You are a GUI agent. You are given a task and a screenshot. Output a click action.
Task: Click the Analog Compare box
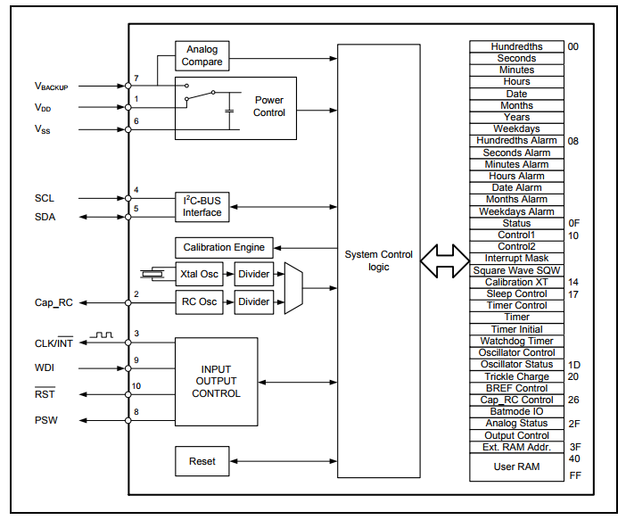click(202, 56)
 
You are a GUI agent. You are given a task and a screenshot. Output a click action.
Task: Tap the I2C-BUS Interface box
click(202, 207)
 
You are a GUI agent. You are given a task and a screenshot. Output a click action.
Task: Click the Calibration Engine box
click(224, 247)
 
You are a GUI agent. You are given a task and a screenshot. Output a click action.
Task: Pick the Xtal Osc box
click(199, 275)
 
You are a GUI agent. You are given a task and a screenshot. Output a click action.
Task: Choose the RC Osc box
click(199, 302)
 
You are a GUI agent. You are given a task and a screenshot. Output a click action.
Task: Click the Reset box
click(202, 461)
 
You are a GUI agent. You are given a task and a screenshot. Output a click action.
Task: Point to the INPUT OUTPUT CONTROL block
click(216, 382)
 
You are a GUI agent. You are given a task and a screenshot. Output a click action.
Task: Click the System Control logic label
click(378, 260)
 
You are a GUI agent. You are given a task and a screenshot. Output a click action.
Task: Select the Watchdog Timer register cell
click(516, 341)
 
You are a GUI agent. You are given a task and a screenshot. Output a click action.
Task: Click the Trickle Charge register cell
click(516, 376)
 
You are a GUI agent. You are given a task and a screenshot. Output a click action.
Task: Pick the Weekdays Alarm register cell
click(516, 211)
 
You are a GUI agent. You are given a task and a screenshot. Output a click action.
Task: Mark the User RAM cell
click(516, 466)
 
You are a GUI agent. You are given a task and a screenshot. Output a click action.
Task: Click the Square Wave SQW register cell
click(516, 270)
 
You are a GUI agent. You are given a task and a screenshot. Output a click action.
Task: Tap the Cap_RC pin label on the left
click(56, 303)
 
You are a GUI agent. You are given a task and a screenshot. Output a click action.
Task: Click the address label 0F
click(573, 223)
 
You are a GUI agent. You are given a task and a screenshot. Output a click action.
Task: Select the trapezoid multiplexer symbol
click(293, 288)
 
